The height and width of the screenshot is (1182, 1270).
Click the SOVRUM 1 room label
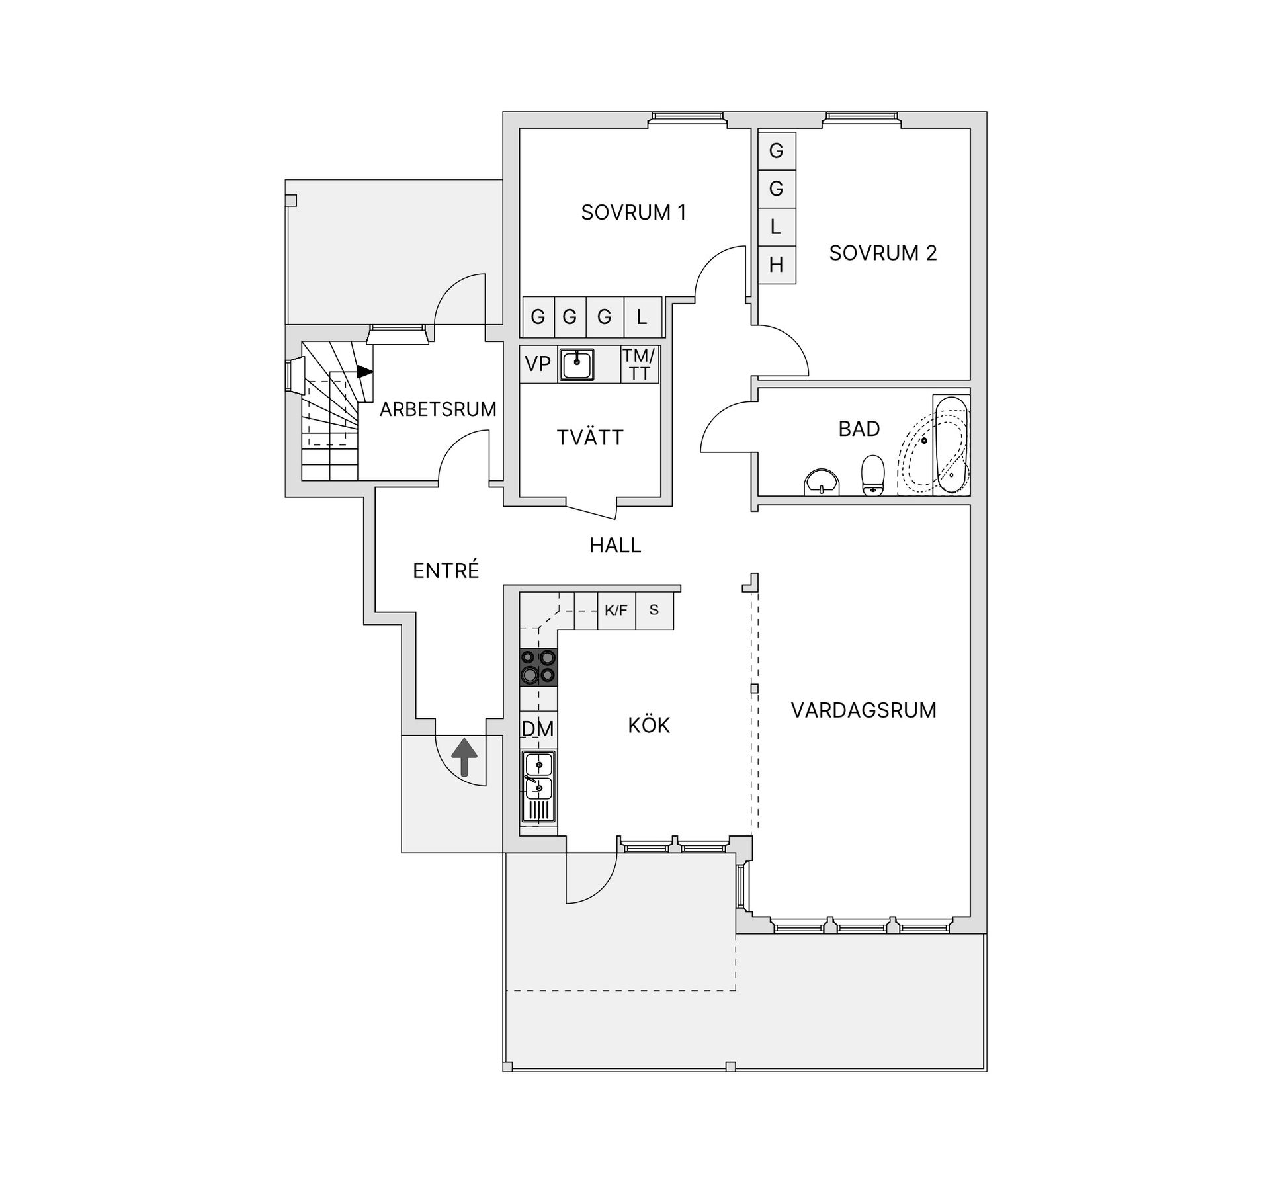[633, 212]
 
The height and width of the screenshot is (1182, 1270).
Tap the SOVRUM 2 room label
[883, 253]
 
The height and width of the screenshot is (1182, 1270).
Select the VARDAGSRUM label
[863, 710]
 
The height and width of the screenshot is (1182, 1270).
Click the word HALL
[615, 545]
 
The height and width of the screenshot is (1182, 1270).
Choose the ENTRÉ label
[445, 570]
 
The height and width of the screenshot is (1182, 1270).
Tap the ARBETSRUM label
[438, 409]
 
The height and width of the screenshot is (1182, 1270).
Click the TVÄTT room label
[590, 437]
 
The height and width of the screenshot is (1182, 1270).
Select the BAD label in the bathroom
[859, 429]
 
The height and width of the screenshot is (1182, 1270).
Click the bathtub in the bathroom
[951, 444]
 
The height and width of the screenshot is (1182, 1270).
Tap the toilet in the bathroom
[873, 474]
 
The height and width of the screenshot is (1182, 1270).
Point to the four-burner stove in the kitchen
[538, 667]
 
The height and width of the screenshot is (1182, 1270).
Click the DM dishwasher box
[538, 729]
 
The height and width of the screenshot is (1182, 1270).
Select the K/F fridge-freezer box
[616, 610]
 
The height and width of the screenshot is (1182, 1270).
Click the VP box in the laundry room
[538, 364]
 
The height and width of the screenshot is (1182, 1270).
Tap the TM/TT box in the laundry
[639, 364]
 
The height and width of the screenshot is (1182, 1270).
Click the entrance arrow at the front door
[464, 757]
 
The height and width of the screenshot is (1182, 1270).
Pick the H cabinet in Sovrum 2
[777, 265]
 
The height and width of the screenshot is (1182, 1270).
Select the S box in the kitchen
[654, 610]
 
